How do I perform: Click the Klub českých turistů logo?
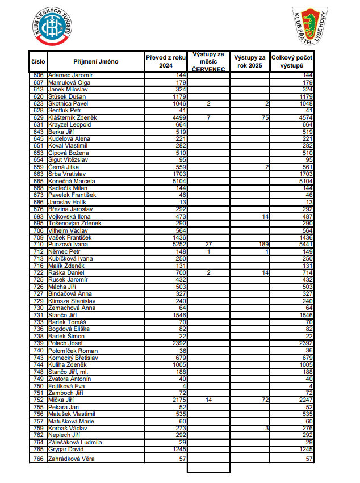click(x=53, y=27)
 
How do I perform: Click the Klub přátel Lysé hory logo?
click(x=309, y=27)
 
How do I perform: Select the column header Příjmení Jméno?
click(x=95, y=61)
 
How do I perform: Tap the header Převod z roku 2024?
click(x=165, y=61)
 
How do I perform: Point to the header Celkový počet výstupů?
click(x=292, y=61)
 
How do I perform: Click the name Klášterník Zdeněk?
click(x=73, y=117)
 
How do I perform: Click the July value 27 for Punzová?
click(x=208, y=245)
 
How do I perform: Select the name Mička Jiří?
click(x=62, y=400)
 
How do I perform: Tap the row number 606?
click(x=39, y=75)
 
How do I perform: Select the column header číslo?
click(x=39, y=61)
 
